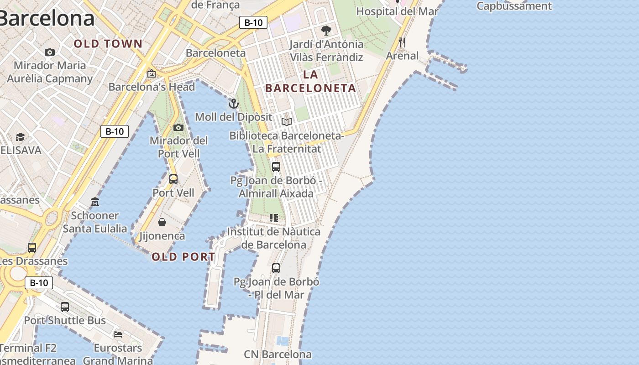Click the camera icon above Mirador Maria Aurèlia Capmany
point(50,52)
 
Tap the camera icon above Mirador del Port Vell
point(178,127)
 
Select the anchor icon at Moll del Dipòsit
point(234,104)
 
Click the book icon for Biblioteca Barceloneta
point(287,122)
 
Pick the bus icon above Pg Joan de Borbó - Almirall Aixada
point(276,167)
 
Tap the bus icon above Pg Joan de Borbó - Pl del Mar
point(276,268)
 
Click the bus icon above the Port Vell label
point(173,179)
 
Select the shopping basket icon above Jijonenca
point(162,222)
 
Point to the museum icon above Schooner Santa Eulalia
point(95,202)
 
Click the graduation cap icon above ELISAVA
point(20,137)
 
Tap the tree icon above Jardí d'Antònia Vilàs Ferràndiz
point(326,31)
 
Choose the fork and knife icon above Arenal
point(402,42)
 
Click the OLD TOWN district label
point(108,44)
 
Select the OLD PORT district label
point(183,257)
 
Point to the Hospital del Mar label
point(397,11)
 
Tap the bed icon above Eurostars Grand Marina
point(118,334)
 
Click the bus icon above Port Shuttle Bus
point(65,307)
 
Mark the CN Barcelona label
point(278,354)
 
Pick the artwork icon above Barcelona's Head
point(152,73)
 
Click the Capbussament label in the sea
point(514,6)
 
